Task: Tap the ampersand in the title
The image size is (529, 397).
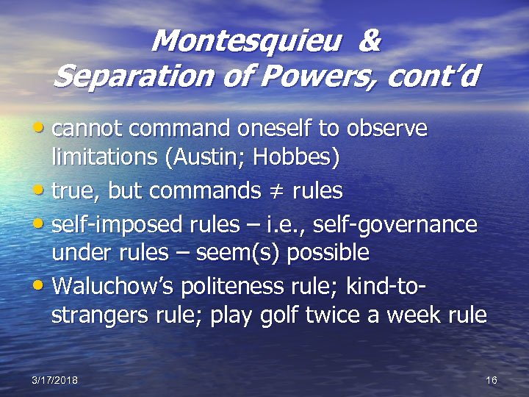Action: (370, 41)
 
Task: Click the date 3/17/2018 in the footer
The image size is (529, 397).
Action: (54, 379)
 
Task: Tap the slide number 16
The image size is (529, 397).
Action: (492, 379)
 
